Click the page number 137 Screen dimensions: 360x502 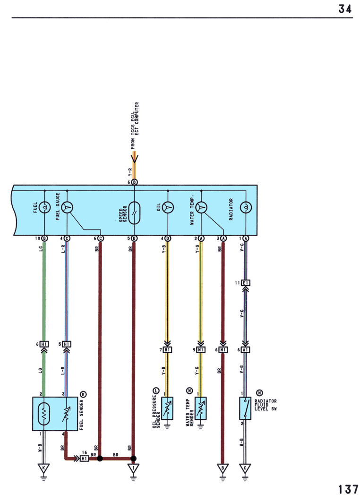click(348, 490)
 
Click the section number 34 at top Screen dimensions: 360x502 click(345, 9)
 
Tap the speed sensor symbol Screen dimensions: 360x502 click(134, 213)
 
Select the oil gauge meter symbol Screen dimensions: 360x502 click(168, 207)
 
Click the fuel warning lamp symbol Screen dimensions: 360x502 click(44, 207)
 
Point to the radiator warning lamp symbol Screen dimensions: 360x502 click(246, 207)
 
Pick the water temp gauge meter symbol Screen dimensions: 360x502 click(201, 207)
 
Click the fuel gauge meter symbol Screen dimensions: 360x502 click(67, 207)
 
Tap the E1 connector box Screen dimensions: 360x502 click(245, 283)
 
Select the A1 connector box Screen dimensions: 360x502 click(245, 350)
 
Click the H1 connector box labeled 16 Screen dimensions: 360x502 click(84, 459)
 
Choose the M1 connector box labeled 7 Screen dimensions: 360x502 click(168, 350)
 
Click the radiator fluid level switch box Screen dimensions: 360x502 click(245, 408)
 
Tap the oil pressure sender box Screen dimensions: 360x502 click(167, 408)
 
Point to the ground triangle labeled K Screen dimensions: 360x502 click(43, 468)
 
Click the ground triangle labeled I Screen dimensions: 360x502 click(133, 468)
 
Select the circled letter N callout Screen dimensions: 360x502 click(259, 393)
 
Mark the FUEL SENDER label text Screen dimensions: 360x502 click(81, 415)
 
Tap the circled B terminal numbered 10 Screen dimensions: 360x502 click(44, 238)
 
